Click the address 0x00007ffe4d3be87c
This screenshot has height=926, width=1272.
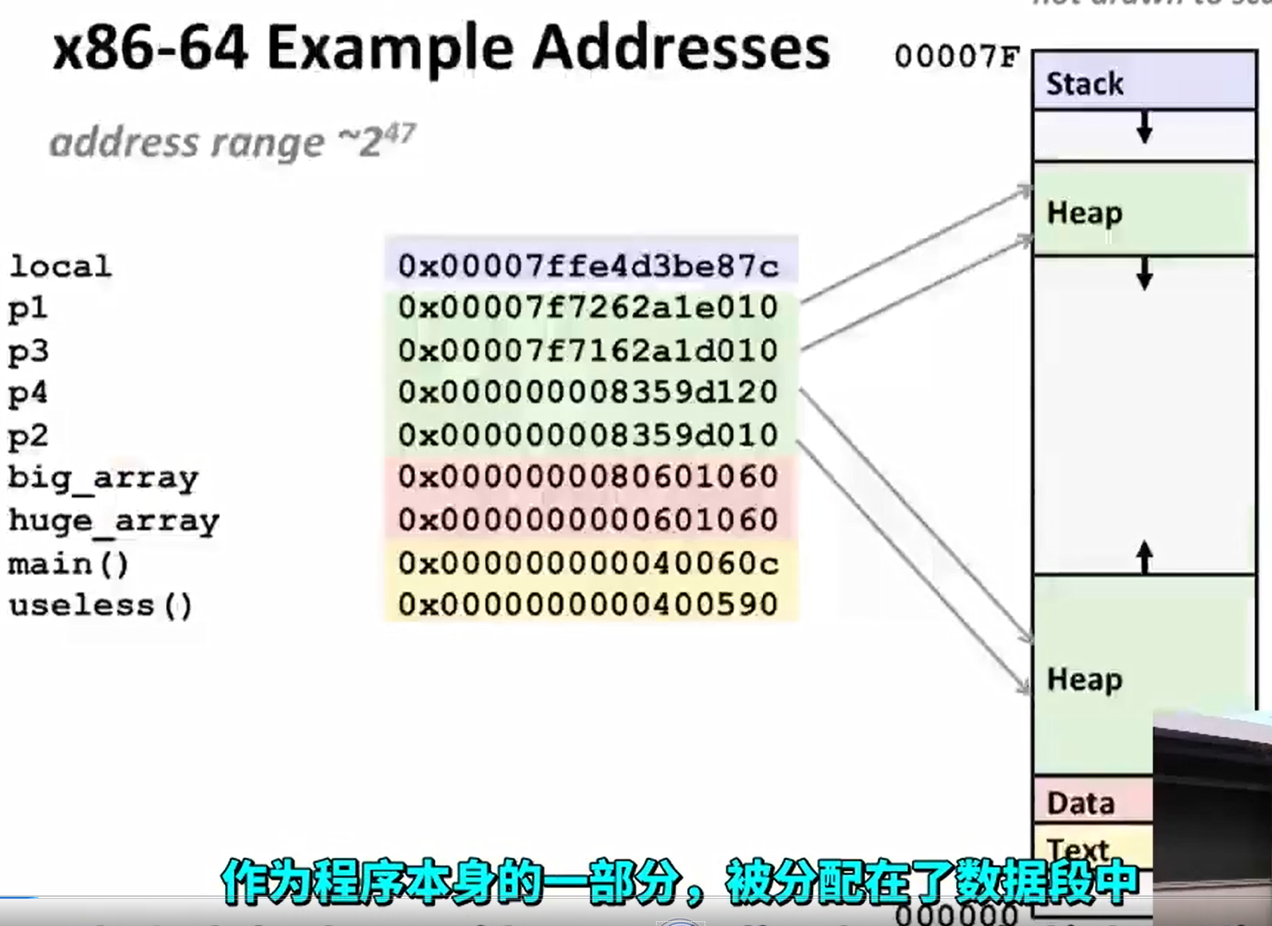588,266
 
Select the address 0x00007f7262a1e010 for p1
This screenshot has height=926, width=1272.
588,307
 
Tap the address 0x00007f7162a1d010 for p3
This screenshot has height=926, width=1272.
588,350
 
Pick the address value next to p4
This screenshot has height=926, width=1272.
588,392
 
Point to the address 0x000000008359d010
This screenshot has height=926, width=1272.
588,435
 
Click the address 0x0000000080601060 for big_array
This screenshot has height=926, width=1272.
588,477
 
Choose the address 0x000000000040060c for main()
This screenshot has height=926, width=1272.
588,563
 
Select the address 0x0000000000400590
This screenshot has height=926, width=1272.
588,605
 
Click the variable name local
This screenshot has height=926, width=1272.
60,266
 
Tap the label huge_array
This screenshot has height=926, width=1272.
113,521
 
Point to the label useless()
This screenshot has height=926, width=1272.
101,605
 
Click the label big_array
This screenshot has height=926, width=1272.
103,478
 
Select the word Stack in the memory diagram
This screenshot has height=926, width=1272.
1084,84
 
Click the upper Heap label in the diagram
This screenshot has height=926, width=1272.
1084,213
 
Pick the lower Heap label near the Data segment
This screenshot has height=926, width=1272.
1084,680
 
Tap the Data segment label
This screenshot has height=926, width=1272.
1080,803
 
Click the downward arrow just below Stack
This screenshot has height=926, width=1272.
1144,128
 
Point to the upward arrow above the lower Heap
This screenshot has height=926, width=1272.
1144,556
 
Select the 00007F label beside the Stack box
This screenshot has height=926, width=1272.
957,57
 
